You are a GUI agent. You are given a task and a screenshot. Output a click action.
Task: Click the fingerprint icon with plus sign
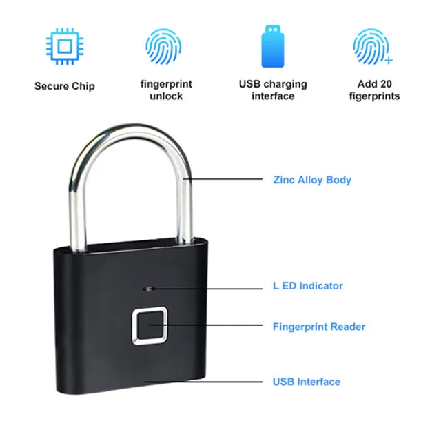pyautogui.click(x=371, y=46)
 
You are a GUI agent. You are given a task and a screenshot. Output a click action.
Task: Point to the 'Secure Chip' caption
pyautogui.click(x=64, y=87)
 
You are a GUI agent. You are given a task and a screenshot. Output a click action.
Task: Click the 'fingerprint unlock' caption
pyautogui.click(x=166, y=90)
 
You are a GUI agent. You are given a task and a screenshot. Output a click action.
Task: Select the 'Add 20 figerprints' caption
pyautogui.click(x=374, y=90)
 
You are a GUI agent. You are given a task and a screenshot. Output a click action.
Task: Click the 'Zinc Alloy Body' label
pyautogui.click(x=311, y=180)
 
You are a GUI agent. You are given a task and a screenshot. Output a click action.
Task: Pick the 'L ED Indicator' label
pyautogui.click(x=307, y=285)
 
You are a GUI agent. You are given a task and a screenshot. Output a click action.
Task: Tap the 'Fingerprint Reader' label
pyautogui.click(x=319, y=327)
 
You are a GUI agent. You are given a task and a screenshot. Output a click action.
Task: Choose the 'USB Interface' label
pyautogui.click(x=306, y=381)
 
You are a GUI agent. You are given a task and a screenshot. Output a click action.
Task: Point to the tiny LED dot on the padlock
pyautogui.click(x=147, y=286)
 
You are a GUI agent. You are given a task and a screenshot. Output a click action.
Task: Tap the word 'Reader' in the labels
pyautogui.click(x=349, y=327)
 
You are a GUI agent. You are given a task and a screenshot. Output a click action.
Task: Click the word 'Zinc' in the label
pyautogui.click(x=284, y=180)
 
